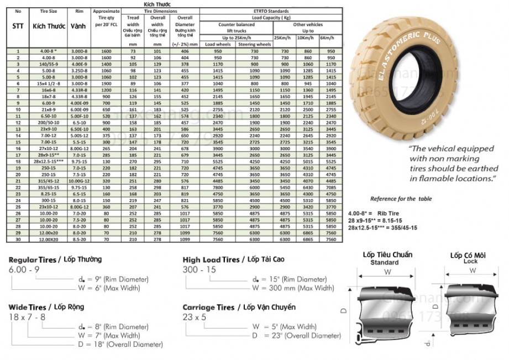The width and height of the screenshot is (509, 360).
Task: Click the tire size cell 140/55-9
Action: (48, 64)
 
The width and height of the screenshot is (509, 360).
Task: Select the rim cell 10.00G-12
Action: (78, 181)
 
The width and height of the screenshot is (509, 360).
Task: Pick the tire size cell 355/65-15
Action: (48, 187)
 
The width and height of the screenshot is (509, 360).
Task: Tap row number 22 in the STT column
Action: (18, 187)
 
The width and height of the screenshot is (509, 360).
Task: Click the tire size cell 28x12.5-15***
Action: (48, 161)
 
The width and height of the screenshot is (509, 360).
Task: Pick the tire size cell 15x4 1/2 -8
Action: (48, 84)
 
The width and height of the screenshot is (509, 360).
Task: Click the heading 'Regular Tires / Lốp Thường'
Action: (55, 259)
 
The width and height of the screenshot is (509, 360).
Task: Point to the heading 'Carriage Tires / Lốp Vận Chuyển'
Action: (239, 307)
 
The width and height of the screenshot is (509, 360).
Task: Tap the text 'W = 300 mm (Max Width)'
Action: (293, 288)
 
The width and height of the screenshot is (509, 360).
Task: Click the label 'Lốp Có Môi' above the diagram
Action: (468, 255)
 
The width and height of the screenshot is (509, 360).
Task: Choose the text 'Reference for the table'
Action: (401, 199)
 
